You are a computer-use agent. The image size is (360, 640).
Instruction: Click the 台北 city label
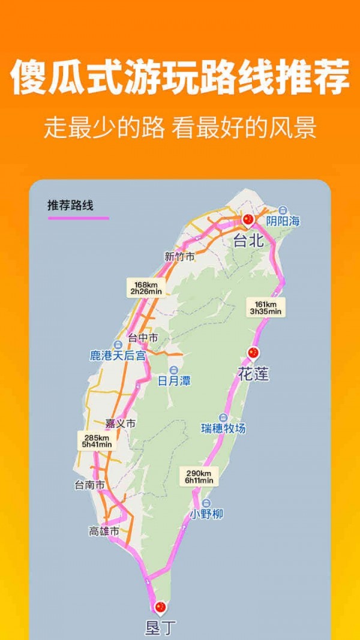(248, 241)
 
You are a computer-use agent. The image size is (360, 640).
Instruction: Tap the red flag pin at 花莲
(253, 353)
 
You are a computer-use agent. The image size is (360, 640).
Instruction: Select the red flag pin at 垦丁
(160, 608)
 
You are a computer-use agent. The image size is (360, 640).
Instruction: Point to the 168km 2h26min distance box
(146, 287)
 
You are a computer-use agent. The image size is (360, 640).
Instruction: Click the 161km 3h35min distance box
(266, 307)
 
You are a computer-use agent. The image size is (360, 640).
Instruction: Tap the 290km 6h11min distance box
(199, 476)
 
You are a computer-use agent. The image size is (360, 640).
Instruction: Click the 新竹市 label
(179, 257)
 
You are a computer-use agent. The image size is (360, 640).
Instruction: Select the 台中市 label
(143, 338)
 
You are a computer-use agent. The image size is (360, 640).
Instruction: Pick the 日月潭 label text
(174, 380)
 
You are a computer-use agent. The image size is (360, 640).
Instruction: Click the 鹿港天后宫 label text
(118, 356)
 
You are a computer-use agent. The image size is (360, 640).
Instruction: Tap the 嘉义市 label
(120, 423)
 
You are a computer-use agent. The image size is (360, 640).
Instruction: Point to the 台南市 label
(90, 485)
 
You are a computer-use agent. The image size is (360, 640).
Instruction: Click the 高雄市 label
(104, 531)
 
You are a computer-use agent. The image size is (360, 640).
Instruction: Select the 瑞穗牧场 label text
(223, 428)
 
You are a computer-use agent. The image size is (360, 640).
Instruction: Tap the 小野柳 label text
(206, 514)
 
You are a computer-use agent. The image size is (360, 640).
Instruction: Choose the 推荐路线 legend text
(70, 205)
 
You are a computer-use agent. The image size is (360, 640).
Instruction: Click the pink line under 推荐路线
(79, 218)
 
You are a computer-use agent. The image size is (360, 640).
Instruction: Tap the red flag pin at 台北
(248, 220)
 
